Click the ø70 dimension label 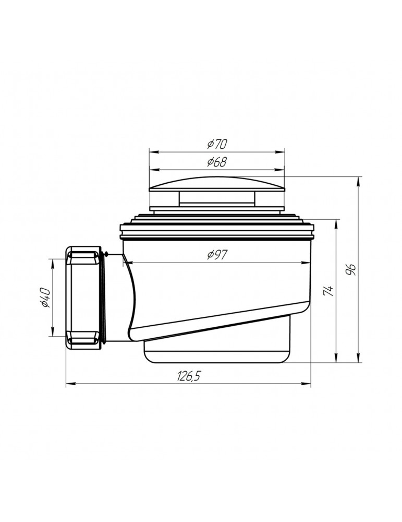(x=216, y=144)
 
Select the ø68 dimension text (x=216, y=162)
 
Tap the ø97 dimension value (x=216, y=255)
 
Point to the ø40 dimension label (x=45, y=298)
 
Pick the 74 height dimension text (x=328, y=291)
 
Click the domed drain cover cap (x=217, y=184)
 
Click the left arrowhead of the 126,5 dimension (x=69, y=385)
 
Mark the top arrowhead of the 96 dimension (x=359, y=181)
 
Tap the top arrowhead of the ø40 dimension (x=53, y=261)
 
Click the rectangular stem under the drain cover (x=216, y=198)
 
